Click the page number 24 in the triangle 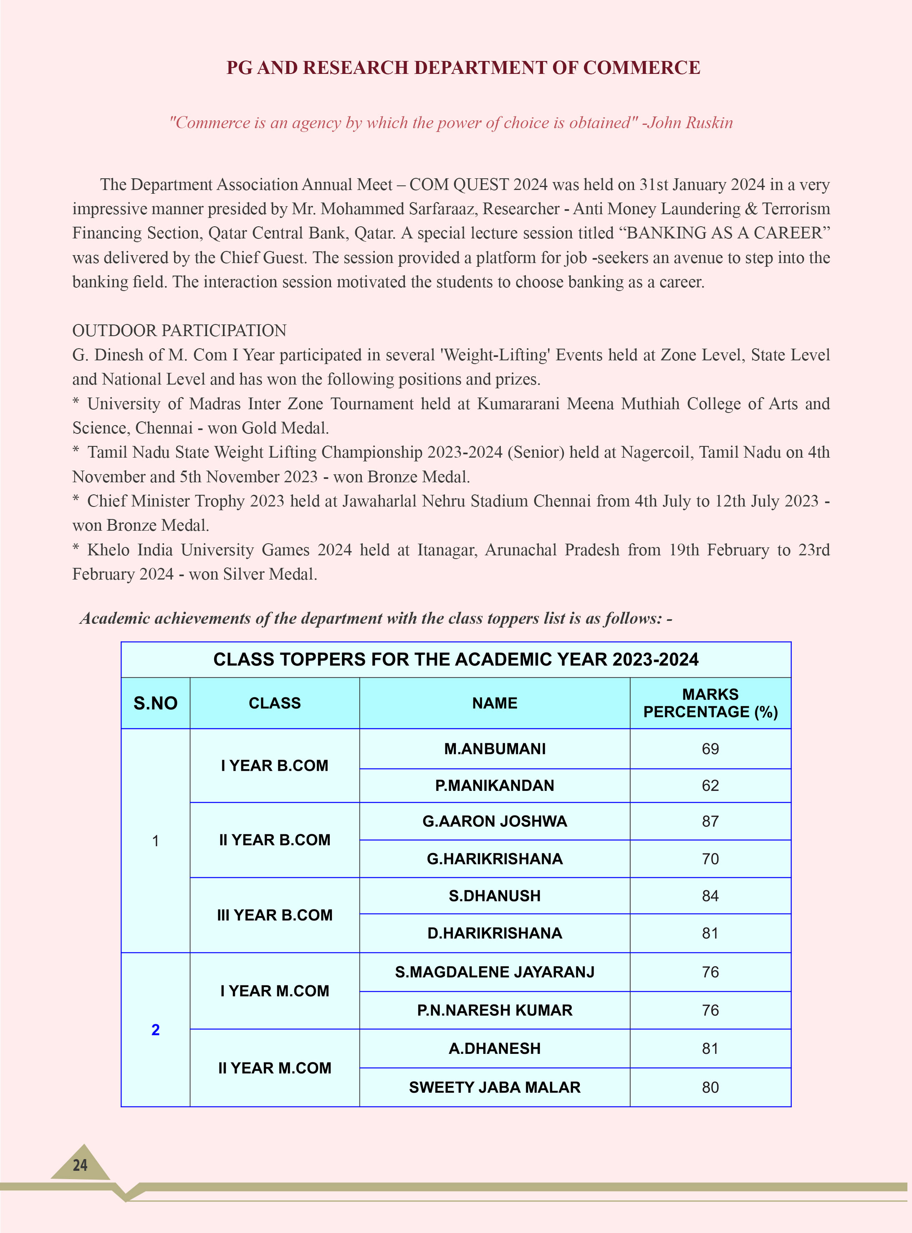coord(80,1165)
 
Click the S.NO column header coord(155,703)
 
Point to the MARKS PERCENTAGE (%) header coord(710,703)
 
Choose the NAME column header coord(495,703)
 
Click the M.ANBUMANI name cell coord(495,749)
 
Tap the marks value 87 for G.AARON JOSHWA coord(710,821)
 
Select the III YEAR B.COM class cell coord(274,915)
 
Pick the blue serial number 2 coord(155,1030)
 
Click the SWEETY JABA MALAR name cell coord(495,1087)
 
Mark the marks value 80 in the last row coord(710,1087)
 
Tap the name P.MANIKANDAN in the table coord(495,785)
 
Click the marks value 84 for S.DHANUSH coord(710,896)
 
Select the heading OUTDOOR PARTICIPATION coord(179,330)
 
